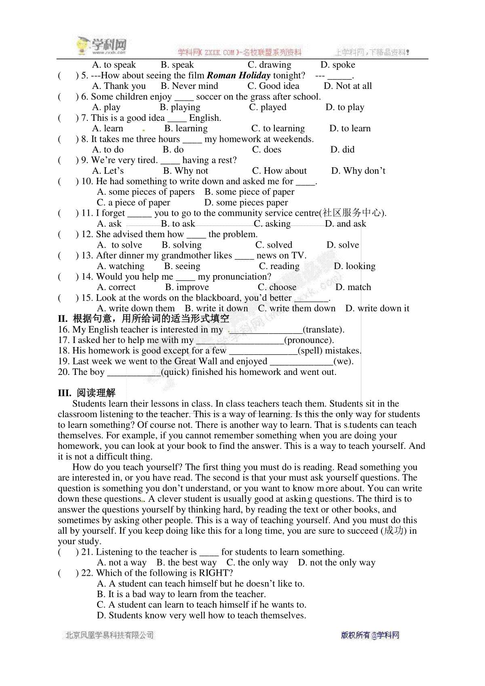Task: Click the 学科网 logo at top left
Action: [x=102, y=46]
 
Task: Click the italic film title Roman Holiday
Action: [x=238, y=76]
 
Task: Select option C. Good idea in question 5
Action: [x=273, y=86]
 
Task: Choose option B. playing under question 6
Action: [x=180, y=107]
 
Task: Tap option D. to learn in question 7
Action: [x=350, y=128]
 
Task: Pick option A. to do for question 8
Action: [x=108, y=150]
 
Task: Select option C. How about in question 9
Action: [x=279, y=171]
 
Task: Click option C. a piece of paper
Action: [x=133, y=202]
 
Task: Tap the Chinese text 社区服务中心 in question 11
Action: [x=352, y=213]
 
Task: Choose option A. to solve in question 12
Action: [x=120, y=245]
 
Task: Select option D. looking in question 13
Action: [x=354, y=266]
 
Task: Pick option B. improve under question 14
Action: [x=187, y=287]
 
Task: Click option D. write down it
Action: [x=377, y=309]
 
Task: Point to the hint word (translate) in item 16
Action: [x=323, y=330]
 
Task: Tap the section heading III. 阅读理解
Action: [x=86, y=393]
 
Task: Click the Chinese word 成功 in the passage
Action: [x=394, y=531]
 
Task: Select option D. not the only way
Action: [x=337, y=563]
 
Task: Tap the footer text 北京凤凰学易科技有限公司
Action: [x=110, y=635]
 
